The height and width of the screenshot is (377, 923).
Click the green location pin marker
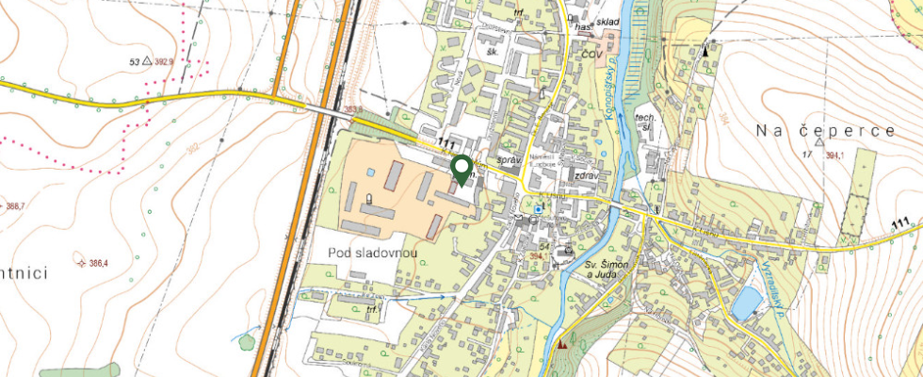(461, 170)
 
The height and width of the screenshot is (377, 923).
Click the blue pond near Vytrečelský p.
(747, 303)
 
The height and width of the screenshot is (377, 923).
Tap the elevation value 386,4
(94, 263)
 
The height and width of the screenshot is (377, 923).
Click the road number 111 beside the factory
(447, 142)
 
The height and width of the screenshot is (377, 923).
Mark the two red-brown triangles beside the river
(564, 344)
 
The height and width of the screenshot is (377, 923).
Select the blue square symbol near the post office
(538, 209)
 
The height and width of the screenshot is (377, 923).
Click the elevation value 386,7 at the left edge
(15, 205)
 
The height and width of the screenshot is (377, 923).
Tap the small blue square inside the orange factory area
(371, 172)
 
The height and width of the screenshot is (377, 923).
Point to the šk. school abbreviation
(491, 53)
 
